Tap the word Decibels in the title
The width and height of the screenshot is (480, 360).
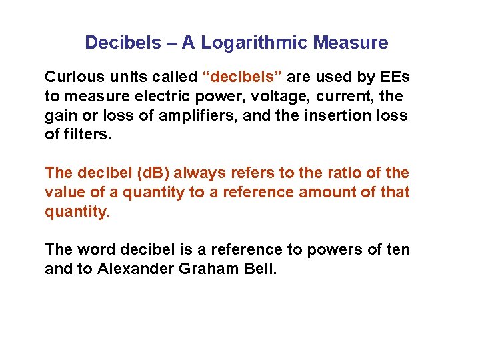[x=123, y=43]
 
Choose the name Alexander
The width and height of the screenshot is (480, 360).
[x=133, y=269]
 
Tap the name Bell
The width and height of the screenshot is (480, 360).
[x=260, y=269]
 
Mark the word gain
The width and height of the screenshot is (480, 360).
[x=61, y=115]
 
